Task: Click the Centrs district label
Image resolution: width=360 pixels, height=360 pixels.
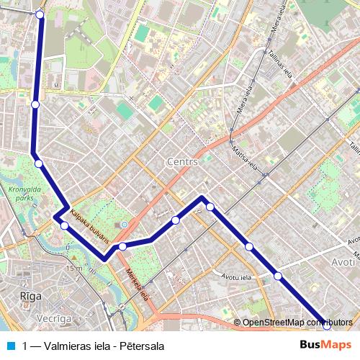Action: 181,162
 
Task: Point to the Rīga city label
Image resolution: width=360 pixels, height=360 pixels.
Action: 30,296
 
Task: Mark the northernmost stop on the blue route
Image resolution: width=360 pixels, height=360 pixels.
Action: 40,14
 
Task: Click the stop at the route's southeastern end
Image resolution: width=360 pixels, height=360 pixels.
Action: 326,325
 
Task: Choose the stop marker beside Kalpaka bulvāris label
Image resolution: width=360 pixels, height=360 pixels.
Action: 65,226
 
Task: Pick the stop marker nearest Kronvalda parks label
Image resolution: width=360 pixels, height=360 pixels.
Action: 38,163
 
